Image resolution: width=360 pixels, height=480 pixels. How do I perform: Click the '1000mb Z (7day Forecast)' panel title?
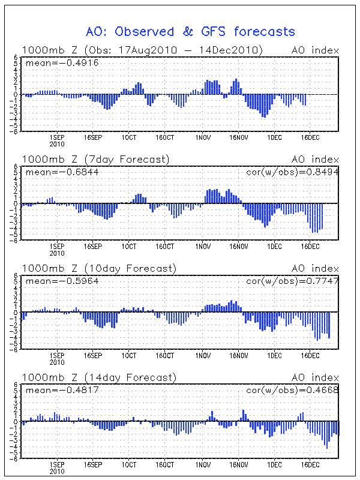(x=96, y=159)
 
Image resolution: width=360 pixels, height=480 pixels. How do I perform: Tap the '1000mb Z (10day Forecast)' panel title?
(x=99, y=268)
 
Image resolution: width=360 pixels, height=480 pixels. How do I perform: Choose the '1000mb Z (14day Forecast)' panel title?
(x=99, y=377)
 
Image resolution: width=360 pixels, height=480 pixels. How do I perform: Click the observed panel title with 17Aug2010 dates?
(x=142, y=50)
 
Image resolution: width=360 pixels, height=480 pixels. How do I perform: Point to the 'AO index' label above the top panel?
(x=315, y=50)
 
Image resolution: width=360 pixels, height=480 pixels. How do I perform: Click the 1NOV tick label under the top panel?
(x=202, y=137)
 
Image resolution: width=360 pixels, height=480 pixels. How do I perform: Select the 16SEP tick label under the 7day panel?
(x=93, y=247)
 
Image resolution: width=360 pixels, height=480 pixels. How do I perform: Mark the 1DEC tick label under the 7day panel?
(x=275, y=247)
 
